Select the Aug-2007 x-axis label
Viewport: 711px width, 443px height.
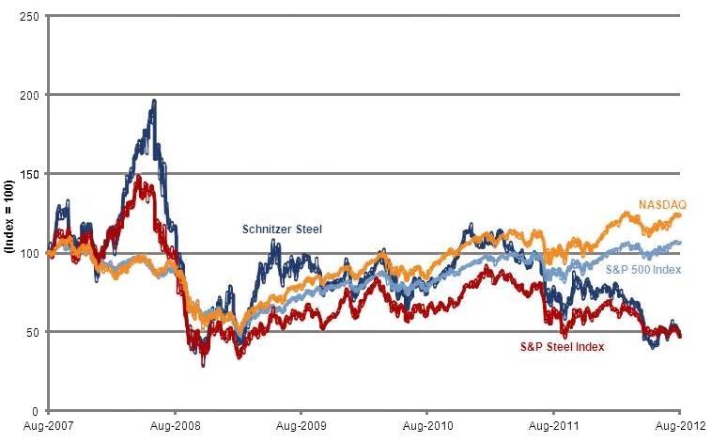(47, 427)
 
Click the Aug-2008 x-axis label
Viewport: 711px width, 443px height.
(174, 427)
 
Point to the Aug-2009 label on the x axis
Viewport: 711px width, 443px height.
(300, 427)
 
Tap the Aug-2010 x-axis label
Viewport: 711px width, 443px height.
(426, 427)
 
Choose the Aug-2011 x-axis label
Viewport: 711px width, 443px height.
(553, 427)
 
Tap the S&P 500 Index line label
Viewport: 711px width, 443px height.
(643, 270)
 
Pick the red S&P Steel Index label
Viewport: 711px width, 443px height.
(563, 346)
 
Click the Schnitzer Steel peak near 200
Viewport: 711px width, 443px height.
(154, 102)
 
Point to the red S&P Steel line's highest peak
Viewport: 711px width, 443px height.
(138, 177)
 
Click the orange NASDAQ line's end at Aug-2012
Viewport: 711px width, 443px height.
(679, 215)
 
